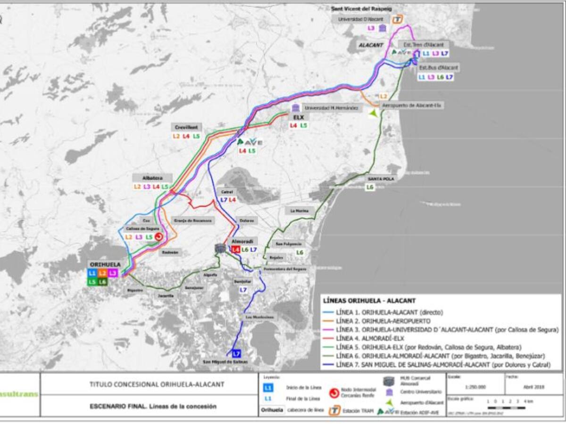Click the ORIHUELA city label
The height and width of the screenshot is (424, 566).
coord(104,265)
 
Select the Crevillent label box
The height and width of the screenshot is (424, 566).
coord(186,127)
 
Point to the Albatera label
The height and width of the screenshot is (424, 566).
coord(152,178)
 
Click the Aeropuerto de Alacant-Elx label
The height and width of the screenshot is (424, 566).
coord(411,106)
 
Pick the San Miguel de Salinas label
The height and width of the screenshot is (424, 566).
coord(225,362)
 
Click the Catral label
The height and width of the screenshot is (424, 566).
coord(227,192)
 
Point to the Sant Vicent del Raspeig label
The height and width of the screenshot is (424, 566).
coord(358,8)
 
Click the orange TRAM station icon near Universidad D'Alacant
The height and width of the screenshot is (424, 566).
coord(399,19)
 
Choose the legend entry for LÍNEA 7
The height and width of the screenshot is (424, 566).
coord(443,365)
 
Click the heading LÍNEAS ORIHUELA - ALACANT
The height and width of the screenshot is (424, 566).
coord(366,301)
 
